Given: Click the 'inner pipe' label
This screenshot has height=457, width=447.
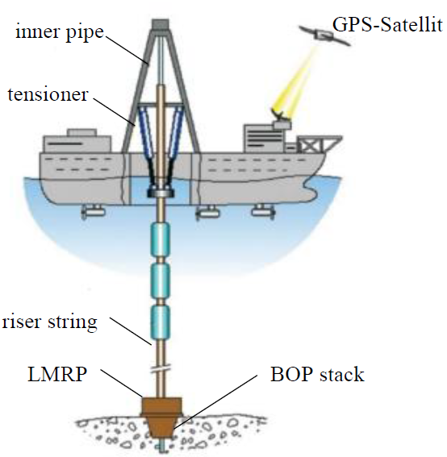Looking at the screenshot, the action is coord(60,32).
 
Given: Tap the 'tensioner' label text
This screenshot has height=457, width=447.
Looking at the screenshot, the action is coord(48,94).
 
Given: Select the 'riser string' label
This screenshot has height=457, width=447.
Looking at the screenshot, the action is coord(49,322).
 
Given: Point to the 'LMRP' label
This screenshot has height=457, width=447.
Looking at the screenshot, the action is coord(57,374).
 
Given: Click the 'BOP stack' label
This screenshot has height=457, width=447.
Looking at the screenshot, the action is coord(317,374).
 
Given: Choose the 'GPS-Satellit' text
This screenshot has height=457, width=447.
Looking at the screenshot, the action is coord(387,24).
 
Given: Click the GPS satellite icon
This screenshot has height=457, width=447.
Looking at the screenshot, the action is coord(324,35).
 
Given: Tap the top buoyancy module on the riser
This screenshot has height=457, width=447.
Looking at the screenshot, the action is coord(160,239).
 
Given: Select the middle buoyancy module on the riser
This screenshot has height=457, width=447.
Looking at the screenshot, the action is coord(160,280).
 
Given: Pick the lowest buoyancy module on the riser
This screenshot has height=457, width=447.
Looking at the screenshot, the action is coord(160,322).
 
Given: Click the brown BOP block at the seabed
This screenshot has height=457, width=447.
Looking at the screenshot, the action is coord(161,417).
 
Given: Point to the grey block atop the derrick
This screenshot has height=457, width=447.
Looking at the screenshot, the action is coord(161,24).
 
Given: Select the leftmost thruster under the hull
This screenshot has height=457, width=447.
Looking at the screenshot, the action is coord(93,211).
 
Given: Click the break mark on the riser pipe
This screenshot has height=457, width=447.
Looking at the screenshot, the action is coord(161,370).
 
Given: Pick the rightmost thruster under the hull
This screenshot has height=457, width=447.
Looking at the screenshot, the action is coord(264,210).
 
